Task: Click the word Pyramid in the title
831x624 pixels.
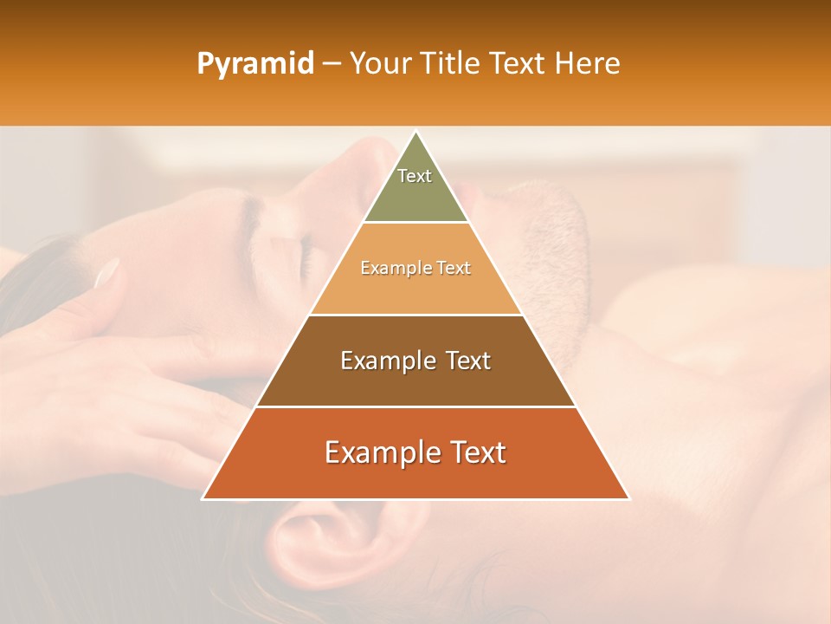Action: (x=254, y=64)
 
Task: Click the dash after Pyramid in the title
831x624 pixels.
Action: (x=331, y=64)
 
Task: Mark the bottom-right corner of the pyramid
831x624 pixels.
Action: (x=628, y=498)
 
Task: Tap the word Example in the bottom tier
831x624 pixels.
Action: (x=379, y=453)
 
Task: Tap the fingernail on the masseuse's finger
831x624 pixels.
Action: (x=106, y=273)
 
